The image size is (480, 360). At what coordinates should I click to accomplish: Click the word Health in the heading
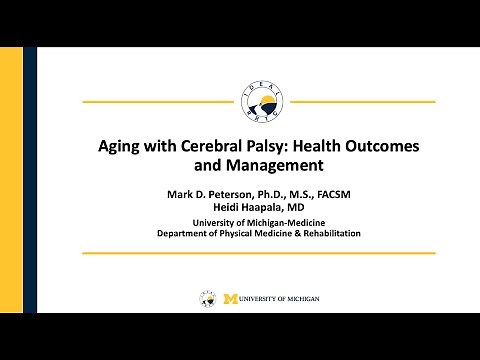321,145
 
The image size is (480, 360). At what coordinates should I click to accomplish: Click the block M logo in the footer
231,298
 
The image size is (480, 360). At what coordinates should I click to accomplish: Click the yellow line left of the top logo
160,102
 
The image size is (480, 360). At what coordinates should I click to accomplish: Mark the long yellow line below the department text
257,253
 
